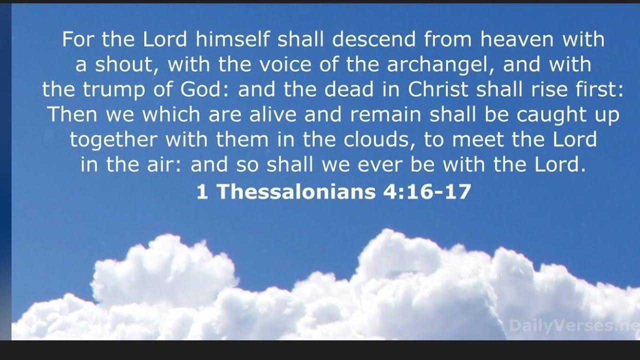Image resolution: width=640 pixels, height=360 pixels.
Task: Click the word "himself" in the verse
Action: (236, 39)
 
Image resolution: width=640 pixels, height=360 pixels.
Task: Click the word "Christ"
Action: (438, 89)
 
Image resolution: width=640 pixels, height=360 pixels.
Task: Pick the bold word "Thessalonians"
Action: (295, 191)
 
